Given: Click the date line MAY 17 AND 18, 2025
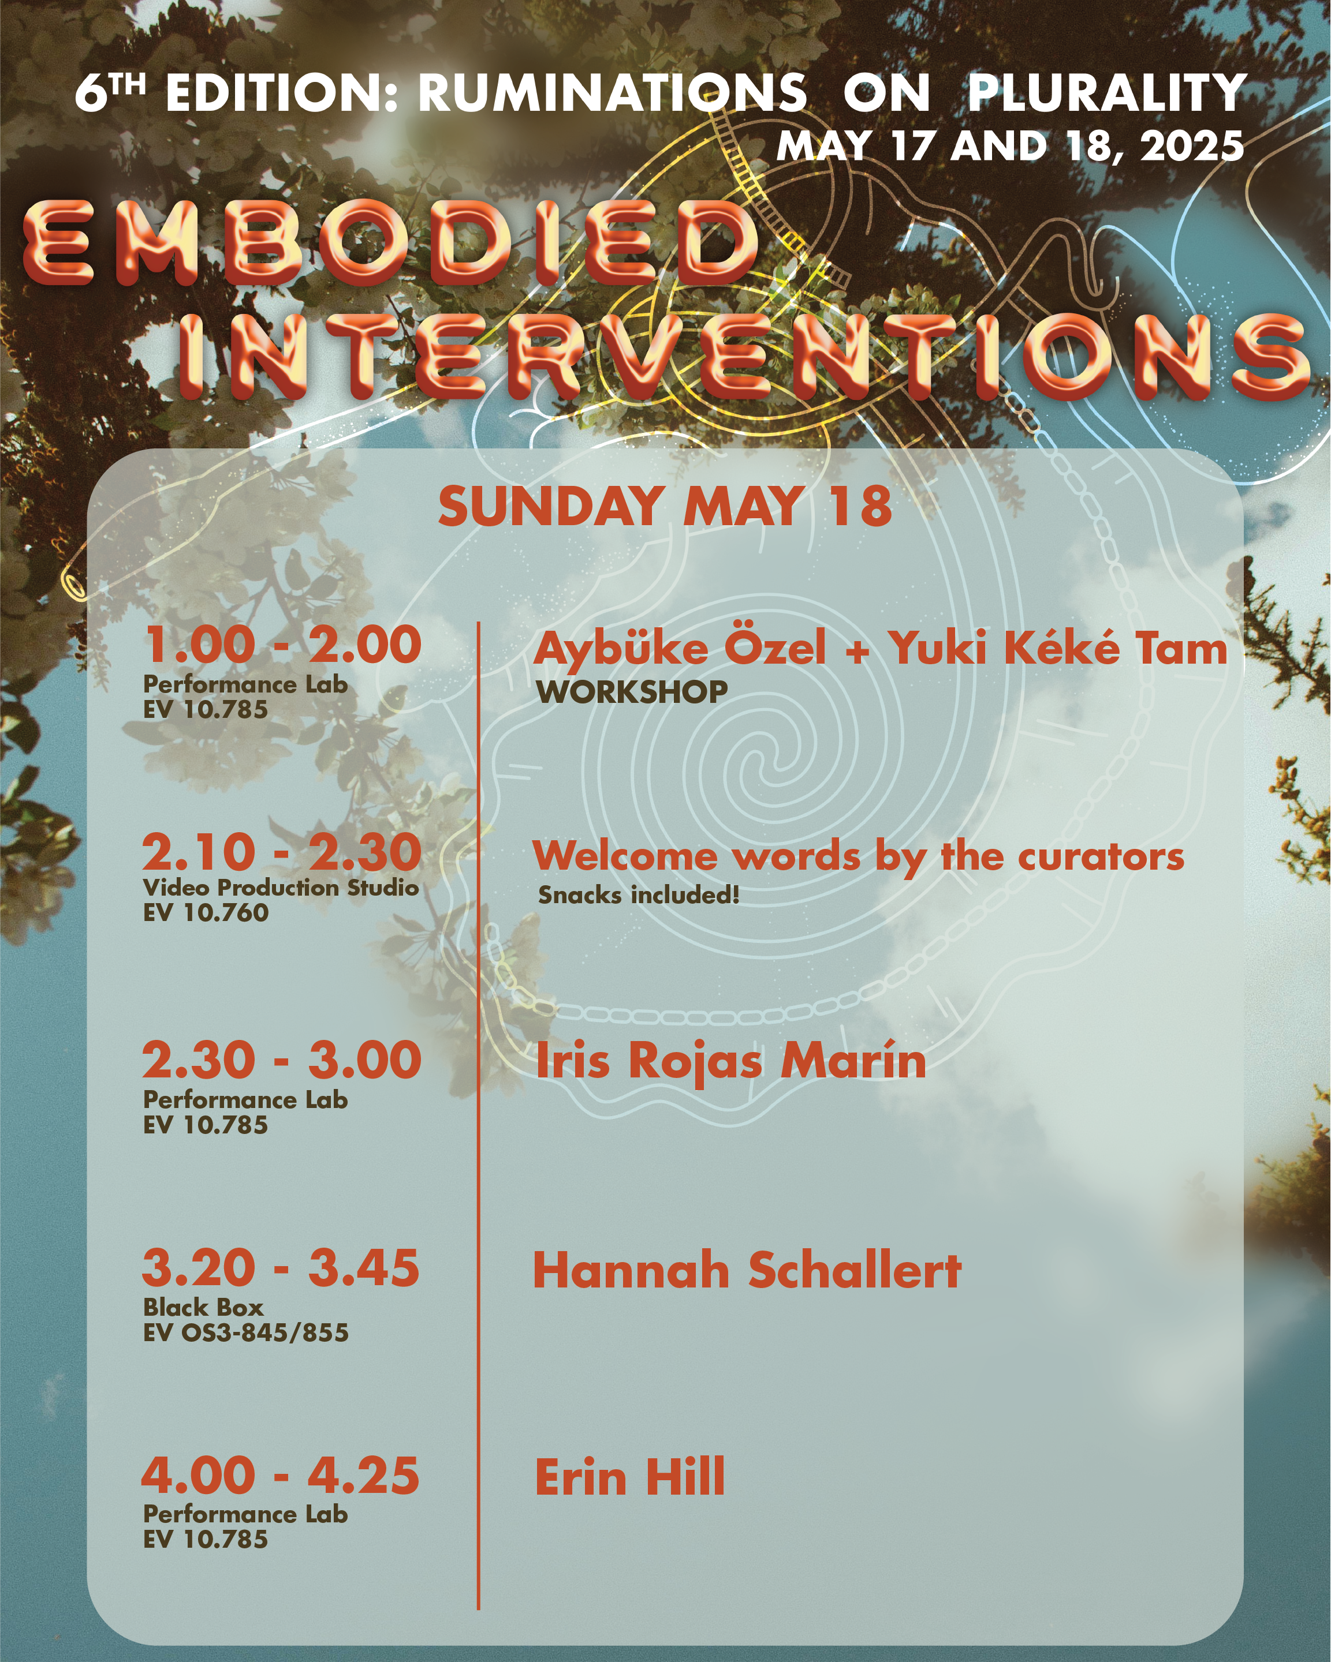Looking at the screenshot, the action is [x=1010, y=145].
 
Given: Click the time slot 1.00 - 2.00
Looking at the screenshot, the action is [x=282, y=645].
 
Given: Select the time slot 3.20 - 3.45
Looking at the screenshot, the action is [x=281, y=1267].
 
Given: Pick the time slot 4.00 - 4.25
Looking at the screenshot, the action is [x=281, y=1474].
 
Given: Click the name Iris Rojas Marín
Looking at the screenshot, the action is [x=730, y=1060].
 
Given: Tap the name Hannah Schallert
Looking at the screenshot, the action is [x=747, y=1269].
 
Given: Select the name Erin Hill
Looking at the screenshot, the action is [x=630, y=1476].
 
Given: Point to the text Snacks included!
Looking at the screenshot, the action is [x=639, y=895].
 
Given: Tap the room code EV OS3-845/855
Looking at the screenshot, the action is [x=246, y=1332].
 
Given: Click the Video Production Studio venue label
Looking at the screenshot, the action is [x=281, y=888].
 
